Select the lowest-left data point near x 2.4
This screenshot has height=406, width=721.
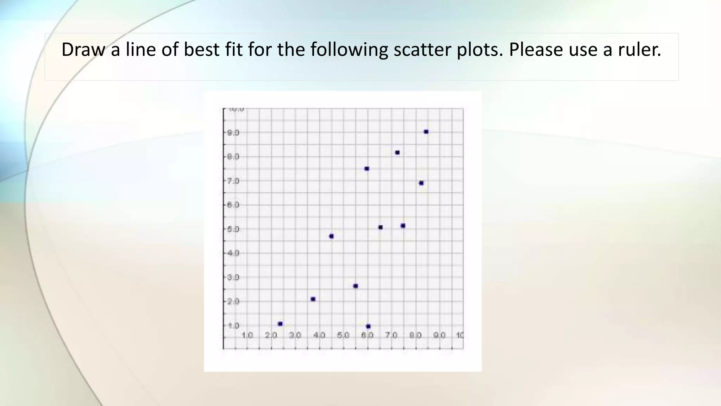click(x=280, y=324)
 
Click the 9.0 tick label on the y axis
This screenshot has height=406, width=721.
click(x=233, y=133)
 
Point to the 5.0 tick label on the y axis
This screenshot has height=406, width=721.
click(x=233, y=229)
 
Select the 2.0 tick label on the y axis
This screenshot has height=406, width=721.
click(x=233, y=301)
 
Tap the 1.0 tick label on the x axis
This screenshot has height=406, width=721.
click(x=247, y=335)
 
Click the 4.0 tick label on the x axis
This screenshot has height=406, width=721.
click(x=319, y=335)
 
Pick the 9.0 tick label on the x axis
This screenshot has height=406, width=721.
click(x=439, y=335)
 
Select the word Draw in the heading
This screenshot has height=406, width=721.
click(x=83, y=50)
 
